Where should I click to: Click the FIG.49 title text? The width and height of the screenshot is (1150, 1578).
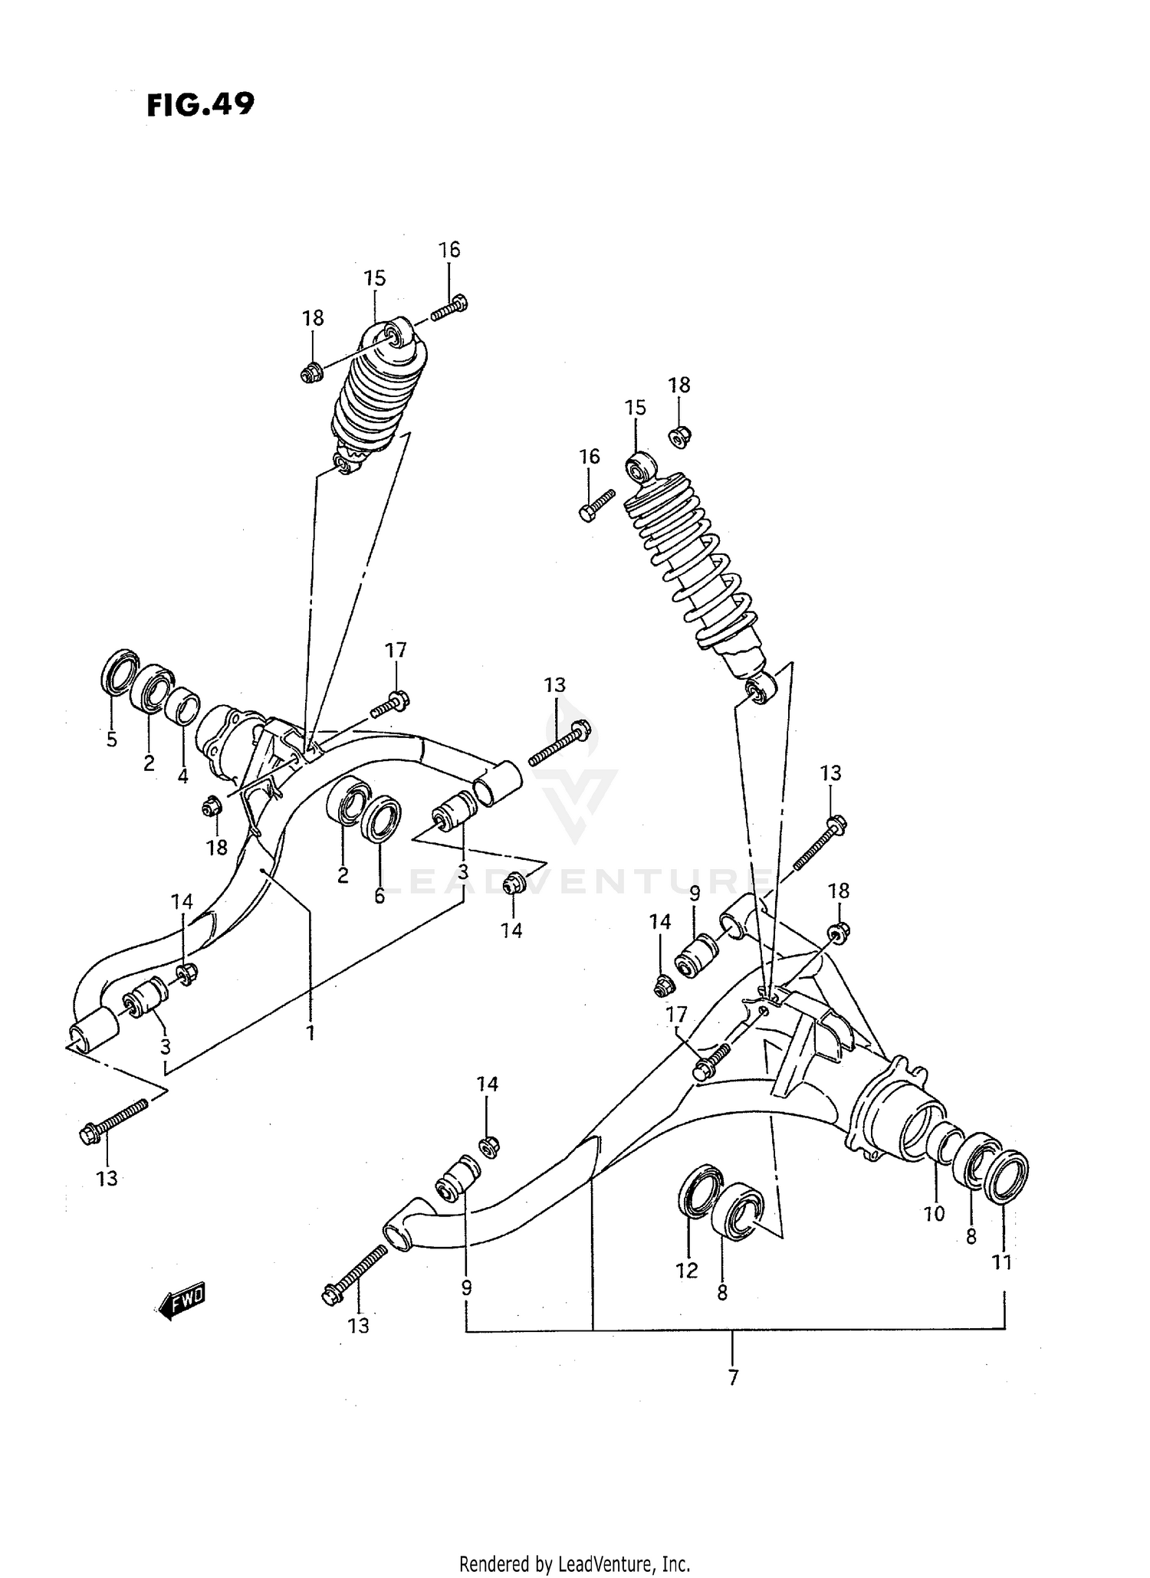(x=200, y=104)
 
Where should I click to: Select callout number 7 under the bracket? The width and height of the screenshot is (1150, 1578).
(x=733, y=1399)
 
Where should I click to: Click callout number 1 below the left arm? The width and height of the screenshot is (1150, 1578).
(x=310, y=1034)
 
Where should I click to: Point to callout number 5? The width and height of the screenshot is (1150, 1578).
(x=111, y=740)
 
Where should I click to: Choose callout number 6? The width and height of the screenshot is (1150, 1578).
(x=379, y=896)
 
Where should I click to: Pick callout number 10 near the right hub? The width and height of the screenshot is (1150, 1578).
(x=934, y=1214)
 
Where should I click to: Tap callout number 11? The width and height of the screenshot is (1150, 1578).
(x=1002, y=1262)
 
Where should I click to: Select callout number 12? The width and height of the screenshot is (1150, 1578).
(x=686, y=1271)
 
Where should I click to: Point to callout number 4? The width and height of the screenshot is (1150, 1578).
(x=182, y=776)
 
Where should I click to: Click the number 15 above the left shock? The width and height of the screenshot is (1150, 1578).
(x=374, y=278)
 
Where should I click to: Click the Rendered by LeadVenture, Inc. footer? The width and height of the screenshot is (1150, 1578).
(x=574, y=1563)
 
